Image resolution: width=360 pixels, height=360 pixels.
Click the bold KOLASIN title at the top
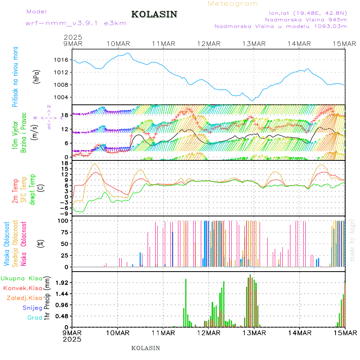coord(154,14)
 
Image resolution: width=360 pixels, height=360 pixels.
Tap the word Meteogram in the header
coord(233,4)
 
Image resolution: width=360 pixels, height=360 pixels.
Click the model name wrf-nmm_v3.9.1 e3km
coord(76,23)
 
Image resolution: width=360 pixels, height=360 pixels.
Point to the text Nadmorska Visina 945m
coord(306,19)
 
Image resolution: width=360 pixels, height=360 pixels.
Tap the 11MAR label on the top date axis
coord(163,43)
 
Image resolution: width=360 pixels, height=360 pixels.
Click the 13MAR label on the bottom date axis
coord(254,332)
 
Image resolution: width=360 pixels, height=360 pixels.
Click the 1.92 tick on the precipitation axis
coord(62,282)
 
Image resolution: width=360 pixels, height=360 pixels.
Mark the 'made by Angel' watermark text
coord(352,240)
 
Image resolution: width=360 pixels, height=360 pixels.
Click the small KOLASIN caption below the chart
coord(146,348)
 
